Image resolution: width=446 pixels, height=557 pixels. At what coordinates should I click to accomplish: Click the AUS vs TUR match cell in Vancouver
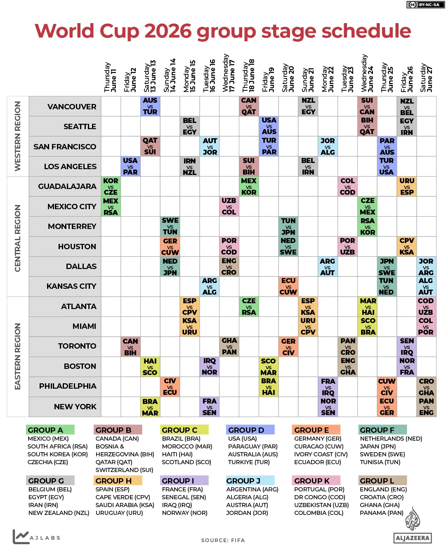pyautogui.click(x=150, y=106)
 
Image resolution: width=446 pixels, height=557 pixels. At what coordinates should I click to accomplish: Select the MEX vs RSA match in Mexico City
pyautogui.click(x=111, y=207)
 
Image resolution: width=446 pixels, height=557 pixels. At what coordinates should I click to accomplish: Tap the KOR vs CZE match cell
pyautogui.click(x=111, y=186)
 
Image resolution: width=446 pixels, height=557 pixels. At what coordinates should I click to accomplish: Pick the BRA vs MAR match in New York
pyautogui.click(x=150, y=407)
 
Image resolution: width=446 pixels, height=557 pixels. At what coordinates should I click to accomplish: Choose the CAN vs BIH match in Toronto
pyautogui.click(x=130, y=347)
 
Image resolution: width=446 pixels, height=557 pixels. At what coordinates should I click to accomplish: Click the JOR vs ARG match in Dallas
pyautogui.click(x=426, y=267)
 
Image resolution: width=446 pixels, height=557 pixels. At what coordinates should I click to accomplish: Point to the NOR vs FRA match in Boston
pyautogui.click(x=407, y=366)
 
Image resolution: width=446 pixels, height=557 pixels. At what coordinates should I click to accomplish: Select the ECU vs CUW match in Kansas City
pyautogui.click(x=288, y=286)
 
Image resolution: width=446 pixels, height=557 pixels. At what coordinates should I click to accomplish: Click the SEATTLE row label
pyautogui.click(x=80, y=127)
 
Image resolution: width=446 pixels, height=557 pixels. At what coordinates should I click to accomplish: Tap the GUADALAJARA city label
pyautogui.click(x=67, y=186)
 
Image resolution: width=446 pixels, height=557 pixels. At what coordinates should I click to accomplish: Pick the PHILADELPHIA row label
pyautogui.click(x=68, y=386)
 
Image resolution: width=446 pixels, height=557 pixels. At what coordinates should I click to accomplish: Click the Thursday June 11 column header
pyautogui.click(x=110, y=77)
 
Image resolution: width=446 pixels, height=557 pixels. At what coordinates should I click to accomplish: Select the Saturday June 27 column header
pyautogui.click(x=426, y=77)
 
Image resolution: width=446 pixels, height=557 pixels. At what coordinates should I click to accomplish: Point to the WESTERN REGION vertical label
pyautogui.click(x=18, y=136)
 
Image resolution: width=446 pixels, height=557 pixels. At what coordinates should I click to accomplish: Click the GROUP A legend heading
pyautogui.click(x=45, y=430)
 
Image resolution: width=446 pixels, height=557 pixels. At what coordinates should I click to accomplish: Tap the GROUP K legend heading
pyautogui.click(x=312, y=481)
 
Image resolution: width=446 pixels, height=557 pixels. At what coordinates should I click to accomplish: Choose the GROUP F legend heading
pyautogui.click(x=377, y=430)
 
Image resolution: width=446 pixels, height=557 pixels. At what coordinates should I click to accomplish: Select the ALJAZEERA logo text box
pyautogui.click(x=413, y=538)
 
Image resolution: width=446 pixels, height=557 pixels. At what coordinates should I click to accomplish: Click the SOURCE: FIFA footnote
pyautogui.click(x=223, y=540)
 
